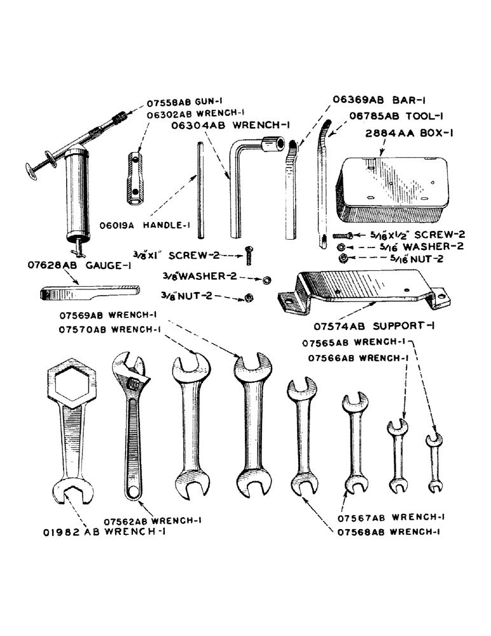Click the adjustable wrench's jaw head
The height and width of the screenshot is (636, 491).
pyautogui.click(x=130, y=375)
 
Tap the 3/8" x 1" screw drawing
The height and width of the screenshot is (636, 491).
pyautogui.click(x=248, y=256)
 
